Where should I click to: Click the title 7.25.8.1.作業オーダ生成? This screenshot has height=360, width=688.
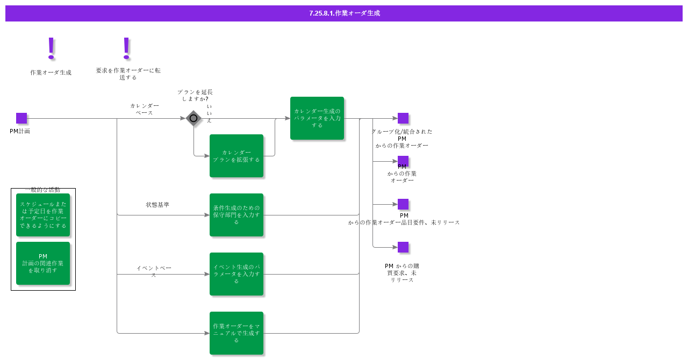pos(344,13)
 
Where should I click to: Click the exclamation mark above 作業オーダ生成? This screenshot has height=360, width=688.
pos(51,48)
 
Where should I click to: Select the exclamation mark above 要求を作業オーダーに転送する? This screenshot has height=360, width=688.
pos(126,48)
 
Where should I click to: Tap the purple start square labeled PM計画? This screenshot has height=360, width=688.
pos(21,118)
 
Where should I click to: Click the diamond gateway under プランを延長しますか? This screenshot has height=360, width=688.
pos(193,118)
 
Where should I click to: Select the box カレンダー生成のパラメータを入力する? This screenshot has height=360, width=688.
pos(317,118)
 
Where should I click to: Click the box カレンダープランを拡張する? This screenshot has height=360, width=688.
pos(236,156)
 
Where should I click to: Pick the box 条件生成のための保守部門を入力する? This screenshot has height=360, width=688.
pos(236,215)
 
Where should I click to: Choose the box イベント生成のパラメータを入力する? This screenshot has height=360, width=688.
pos(236,274)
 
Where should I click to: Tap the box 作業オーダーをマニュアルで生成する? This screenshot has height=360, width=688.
pos(236,333)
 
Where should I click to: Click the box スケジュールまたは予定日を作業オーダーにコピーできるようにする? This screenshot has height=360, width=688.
pos(43,215)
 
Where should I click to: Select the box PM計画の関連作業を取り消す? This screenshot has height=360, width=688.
pos(43,263)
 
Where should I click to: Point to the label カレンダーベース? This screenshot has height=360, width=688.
pos(145,109)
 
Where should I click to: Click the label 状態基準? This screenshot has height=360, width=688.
pos(157,205)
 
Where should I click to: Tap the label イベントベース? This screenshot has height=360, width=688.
pos(154,271)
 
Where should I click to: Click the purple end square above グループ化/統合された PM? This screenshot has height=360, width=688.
pos(403,118)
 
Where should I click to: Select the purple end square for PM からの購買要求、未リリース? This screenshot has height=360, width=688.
pos(403,247)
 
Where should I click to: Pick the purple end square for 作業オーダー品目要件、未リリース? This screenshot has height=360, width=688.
pos(403,204)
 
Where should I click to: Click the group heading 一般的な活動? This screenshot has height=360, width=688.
pos(43,190)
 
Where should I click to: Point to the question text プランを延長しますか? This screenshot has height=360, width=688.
pos(195,95)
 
